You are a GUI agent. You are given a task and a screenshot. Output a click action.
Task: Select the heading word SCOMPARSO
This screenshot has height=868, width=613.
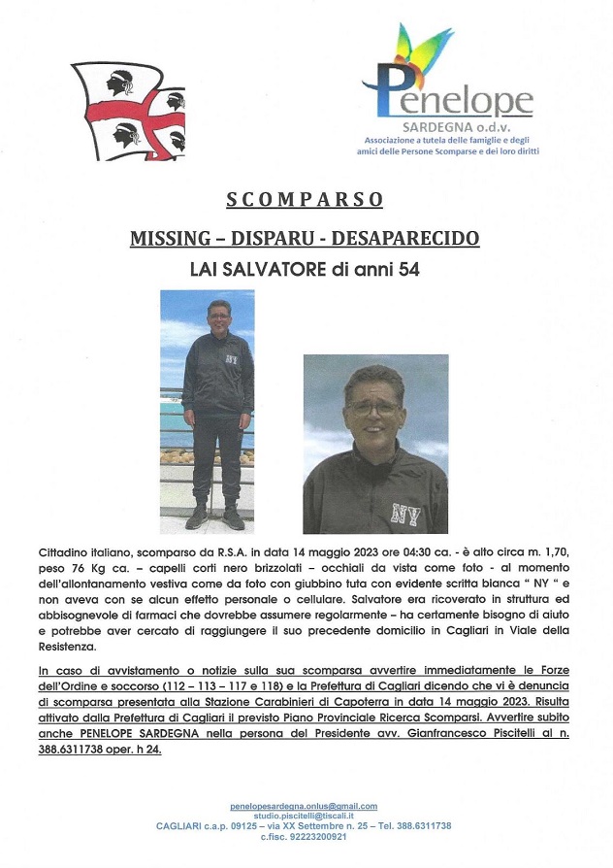305,200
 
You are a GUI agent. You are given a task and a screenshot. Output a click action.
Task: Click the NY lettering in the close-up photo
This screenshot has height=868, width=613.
405,513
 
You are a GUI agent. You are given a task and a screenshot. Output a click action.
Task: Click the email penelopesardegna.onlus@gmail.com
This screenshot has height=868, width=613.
304,806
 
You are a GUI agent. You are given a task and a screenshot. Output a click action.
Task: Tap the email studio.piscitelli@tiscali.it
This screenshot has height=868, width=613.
304,816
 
